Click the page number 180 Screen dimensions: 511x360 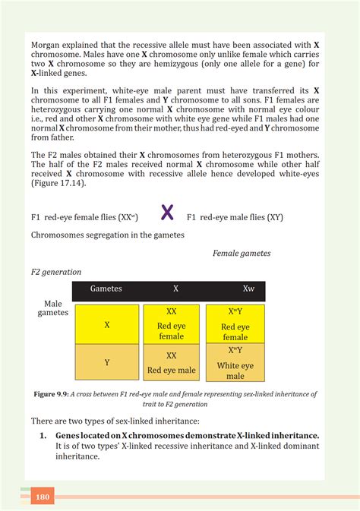coord(42,497)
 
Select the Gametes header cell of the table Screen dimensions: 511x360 coord(106,289)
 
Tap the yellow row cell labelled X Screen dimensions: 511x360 coord(106,324)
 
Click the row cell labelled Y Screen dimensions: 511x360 coord(106,363)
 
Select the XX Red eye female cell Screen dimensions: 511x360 coord(172,324)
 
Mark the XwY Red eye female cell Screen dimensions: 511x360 coord(235,324)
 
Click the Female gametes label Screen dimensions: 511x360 coord(241,254)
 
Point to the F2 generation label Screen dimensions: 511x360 coord(55,271)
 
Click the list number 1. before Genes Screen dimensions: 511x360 coord(43,435)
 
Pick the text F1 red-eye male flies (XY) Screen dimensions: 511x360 coord(235,216)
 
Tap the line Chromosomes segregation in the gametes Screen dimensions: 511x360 coord(107,235)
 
